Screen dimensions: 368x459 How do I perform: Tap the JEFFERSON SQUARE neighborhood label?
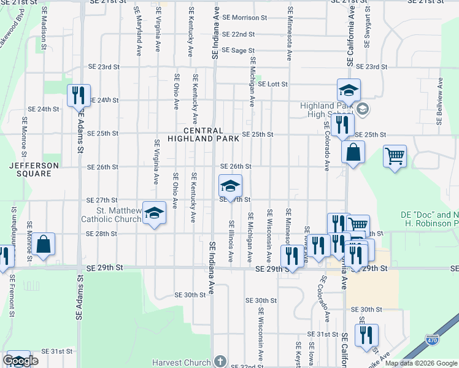pyautogui.click(x=34, y=169)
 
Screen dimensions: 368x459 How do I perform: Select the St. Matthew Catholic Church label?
pyautogui.click(x=111, y=215)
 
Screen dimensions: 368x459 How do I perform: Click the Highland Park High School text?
pyautogui.click(x=329, y=110)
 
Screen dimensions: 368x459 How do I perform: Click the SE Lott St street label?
pyautogui.click(x=272, y=84)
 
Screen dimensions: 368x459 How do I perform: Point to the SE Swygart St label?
pyautogui.click(x=368, y=28)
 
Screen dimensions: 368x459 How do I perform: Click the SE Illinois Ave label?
pyautogui.click(x=231, y=242)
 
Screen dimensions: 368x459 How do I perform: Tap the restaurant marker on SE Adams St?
pyautogui.click(x=79, y=96)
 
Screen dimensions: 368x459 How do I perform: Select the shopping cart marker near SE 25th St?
pyautogui.click(x=395, y=156)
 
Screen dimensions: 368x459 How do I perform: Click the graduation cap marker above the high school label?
pyautogui.click(x=349, y=91)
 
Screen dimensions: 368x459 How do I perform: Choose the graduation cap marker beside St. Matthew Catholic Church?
pyautogui.click(x=155, y=212)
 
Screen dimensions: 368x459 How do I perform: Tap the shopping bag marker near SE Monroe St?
pyautogui.click(x=44, y=243)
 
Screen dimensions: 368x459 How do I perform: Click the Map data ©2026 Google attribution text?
pyautogui.click(x=420, y=363)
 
